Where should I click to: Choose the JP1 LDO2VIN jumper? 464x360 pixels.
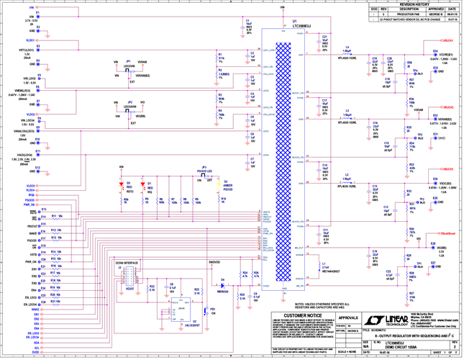tap(128, 69)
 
